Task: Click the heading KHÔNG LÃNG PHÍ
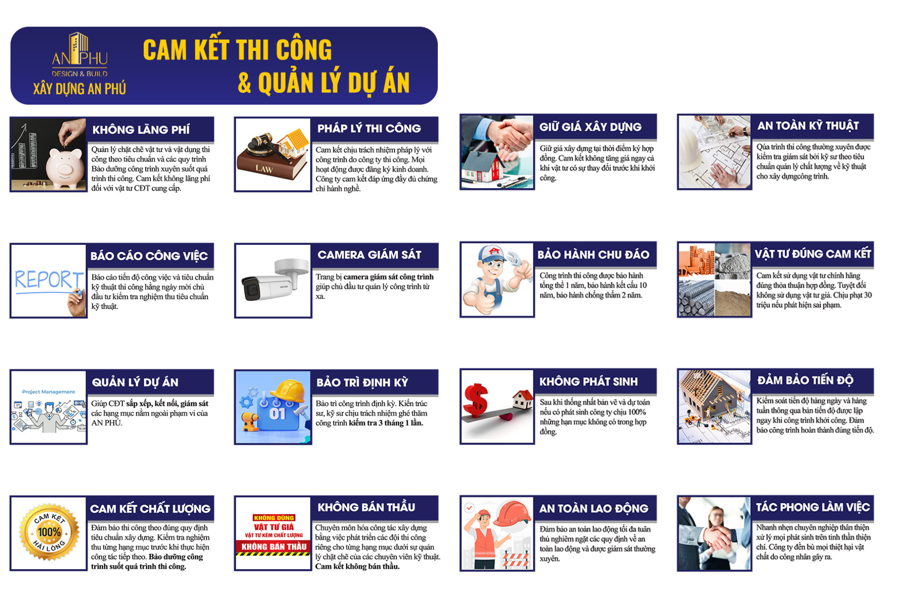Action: pyautogui.click(x=141, y=130)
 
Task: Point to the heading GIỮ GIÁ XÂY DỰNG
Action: pyautogui.click(x=590, y=127)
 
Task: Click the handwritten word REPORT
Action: pyautogui.click(x=48, y=279)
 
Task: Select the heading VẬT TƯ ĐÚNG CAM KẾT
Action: pyautogui.click(x=813, y=254)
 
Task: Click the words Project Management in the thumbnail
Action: pyautogui.click(x=49, y=392)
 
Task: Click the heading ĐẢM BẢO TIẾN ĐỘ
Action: pyautogui.click(x=805, y=380)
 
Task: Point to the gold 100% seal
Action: pyautogui.click(x=49, y=532)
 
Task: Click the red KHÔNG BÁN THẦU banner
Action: pyautogui.click(x=274, y=546)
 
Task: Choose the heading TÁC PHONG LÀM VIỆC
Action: pyautogui.click(x=813, y=507)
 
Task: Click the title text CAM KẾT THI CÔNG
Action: pyautogui.click(x=237, y=50)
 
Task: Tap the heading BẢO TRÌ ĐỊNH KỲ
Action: pyautogui.click(x=362, y=382)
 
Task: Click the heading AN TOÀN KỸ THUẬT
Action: pyautogui.click(x=808, y=126)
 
